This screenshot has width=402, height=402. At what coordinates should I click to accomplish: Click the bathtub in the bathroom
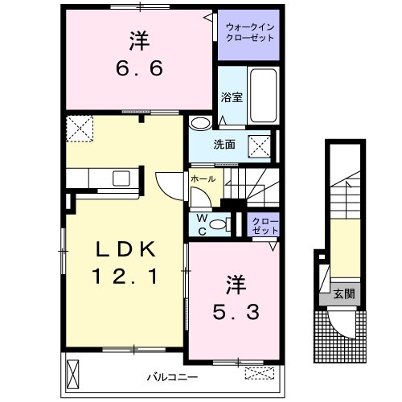click(264, 92)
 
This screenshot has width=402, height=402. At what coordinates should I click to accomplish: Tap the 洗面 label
click(224, 146)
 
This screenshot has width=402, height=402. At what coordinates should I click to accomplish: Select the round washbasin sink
click(200, 124)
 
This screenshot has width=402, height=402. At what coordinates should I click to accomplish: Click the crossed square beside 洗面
click(259, 146)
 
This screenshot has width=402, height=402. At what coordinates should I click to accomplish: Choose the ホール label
click(202, 179)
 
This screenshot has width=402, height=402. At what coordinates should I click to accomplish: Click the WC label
click(200, 224)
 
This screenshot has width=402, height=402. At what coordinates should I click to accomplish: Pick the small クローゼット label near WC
click(264, 225)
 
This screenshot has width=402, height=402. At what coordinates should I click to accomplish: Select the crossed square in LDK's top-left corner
click(80, 128)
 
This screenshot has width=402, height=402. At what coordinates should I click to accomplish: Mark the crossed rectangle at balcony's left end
click(75, 374)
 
